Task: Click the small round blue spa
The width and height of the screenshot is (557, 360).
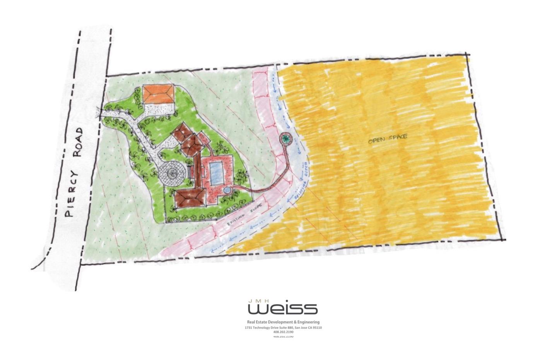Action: [x=227, y=190]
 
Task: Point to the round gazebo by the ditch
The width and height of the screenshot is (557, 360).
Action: [x=285, y=138]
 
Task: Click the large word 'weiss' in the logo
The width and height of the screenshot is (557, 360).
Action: [x=283, y=308]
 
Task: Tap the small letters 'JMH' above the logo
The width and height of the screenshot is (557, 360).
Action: [x=257, y=300]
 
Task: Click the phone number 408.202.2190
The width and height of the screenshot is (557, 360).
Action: [x=283, y=332]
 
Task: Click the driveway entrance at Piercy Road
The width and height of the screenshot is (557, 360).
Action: [x=106, y=113]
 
